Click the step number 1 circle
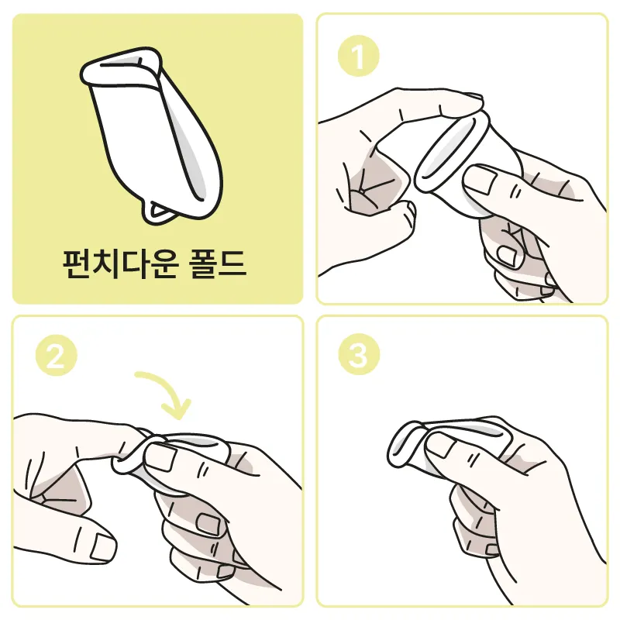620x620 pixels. pos(358,56)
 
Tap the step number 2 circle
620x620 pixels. pos(56,355)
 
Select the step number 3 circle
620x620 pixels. pos(359,354)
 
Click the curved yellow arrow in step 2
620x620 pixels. pos(166,391)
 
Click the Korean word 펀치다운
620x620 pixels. pos(120,263)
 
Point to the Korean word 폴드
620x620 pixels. pos(218,263)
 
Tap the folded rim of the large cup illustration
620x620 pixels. pos(121,67)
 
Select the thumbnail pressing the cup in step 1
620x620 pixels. pos(481,180)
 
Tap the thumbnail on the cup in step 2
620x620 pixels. pos(161,457)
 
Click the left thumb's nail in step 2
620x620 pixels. pos(103,548)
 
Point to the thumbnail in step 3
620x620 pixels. pos(440,445)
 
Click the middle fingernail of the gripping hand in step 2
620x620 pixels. pos(208,523)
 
